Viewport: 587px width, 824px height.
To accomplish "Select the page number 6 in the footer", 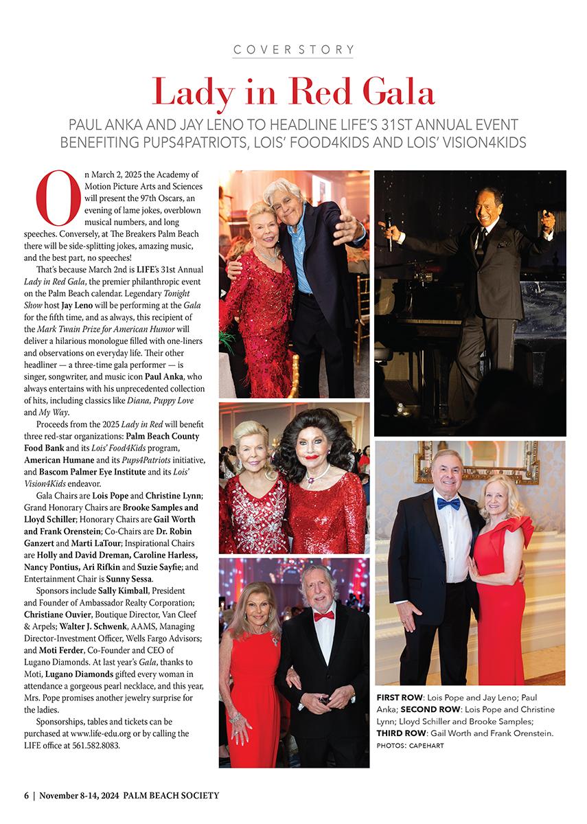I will [x=26, y=796].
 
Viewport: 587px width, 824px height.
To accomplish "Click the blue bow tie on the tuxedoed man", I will [x=448, y=504].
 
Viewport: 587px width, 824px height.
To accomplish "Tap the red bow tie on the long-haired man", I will [x=323, y=616].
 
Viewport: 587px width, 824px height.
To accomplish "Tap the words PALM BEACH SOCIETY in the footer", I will [x=172, y=796].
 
